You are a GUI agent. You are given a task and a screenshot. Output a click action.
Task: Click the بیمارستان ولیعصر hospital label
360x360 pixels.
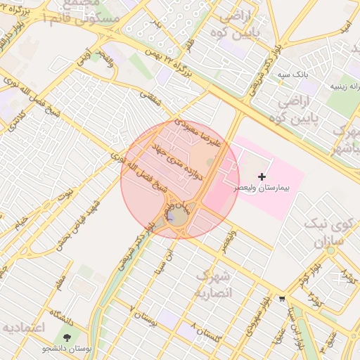click(264, 190)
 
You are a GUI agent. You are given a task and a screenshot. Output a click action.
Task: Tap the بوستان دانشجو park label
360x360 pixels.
click(67, 349)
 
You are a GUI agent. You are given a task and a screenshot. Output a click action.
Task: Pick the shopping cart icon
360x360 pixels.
click(281, 298)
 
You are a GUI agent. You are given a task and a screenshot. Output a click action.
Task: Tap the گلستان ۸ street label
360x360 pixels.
click(204, 333)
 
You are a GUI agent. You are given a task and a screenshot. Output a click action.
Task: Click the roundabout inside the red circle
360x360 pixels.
click(176, 217)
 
